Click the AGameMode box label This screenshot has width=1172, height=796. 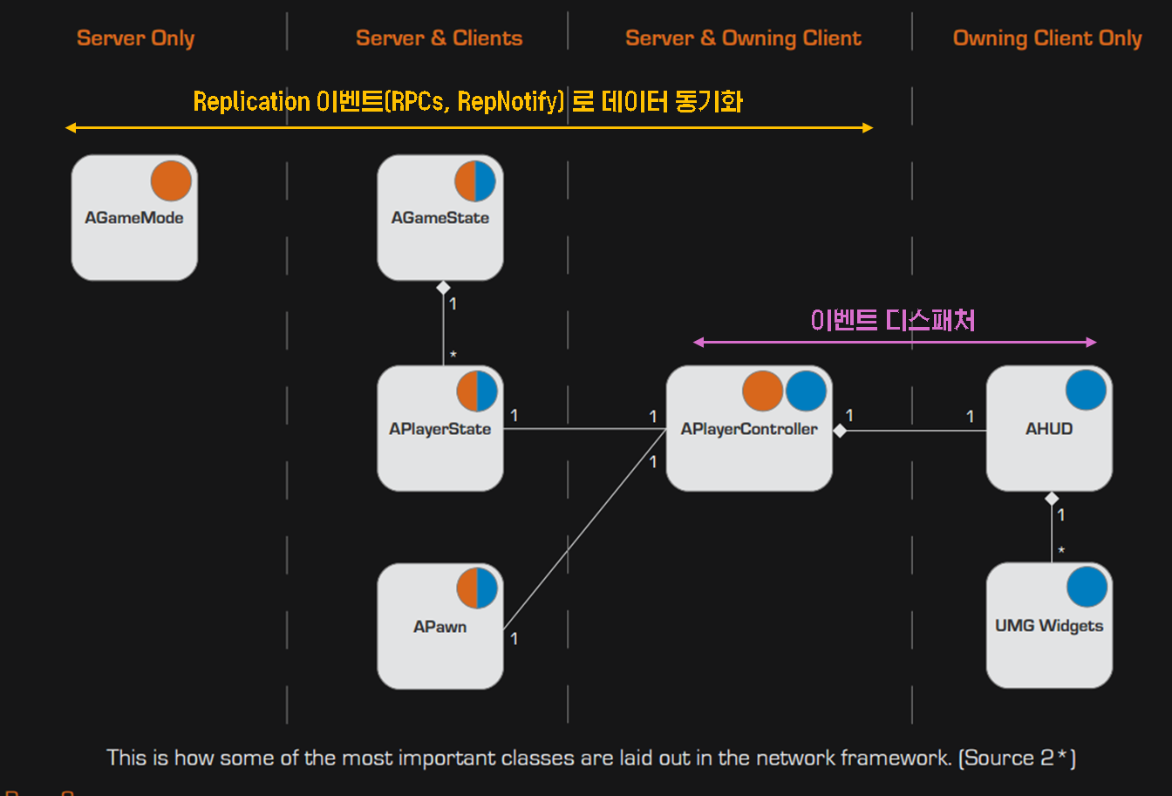pos(134,218)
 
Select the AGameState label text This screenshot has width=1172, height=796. pos(440,218)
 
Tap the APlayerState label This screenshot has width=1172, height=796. pos(440,429)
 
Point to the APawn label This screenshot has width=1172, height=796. pos(440,627)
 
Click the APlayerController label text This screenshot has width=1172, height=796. pos(749,429)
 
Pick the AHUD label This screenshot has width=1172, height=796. pos(1049,429)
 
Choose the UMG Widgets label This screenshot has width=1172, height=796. pos(1049,626)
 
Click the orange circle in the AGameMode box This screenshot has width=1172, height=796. pos(171,181)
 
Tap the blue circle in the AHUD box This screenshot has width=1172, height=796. pos(1087,390)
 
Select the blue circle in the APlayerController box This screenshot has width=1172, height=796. pos(806,391)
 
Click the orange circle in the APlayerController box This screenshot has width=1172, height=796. pos(763,391)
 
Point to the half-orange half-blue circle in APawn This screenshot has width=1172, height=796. pos(477,588)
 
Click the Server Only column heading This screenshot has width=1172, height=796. pos(135,38)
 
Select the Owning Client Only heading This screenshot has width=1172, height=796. pos(1047,38)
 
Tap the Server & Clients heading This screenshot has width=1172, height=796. pos(439,38)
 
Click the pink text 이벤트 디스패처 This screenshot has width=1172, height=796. pos(893,320)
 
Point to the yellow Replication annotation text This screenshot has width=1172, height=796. pos(467,102)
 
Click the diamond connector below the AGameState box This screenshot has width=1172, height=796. pos(443,288)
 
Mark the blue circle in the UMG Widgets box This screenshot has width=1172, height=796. pos(1087,587)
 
